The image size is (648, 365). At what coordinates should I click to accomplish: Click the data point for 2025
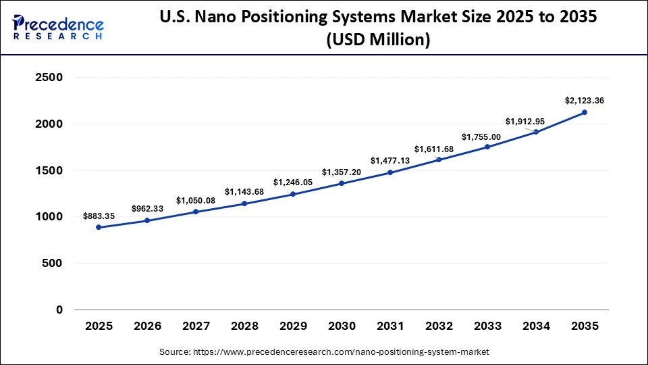pos(99,227)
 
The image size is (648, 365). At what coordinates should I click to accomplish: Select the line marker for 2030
pos(342,183)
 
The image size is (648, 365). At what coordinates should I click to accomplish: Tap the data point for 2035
pos(585,112)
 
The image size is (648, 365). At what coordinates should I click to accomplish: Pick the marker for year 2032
pos(439,160)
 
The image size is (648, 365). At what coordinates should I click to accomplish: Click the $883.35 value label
pos(99,216)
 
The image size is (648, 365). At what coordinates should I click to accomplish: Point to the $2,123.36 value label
pos(585,101)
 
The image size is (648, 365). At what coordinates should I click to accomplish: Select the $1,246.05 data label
pos(293,182)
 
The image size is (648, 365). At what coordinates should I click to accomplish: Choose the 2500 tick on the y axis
pos(49,78)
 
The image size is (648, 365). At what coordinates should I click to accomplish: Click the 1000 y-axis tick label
pos(49,217)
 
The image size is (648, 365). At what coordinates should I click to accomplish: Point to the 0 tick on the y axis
pos(59,310)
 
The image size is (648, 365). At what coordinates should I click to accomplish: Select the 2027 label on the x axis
pos(196,326)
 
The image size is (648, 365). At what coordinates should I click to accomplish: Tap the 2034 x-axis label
pos(536,326)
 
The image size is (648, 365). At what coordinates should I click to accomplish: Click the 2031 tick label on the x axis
pos(390,326)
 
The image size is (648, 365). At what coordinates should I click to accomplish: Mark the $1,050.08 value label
pos(196,201)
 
